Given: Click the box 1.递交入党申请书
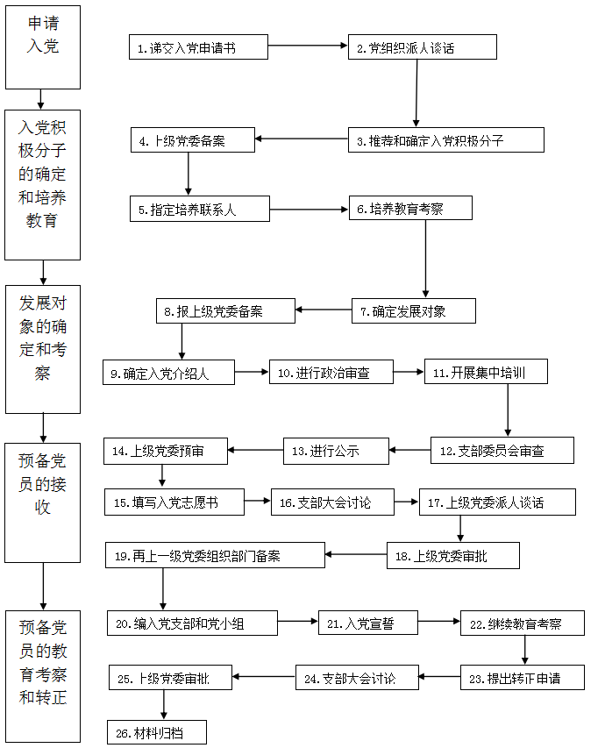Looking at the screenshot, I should tap(198, 47).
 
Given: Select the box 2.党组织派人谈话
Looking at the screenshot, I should tap(422, 47).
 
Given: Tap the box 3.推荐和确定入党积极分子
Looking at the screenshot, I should tap(445, 139).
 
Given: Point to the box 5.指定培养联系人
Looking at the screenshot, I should tap(199, 210).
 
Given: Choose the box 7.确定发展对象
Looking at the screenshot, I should tap(414, 310).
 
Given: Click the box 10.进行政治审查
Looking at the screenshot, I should tap(331, 373).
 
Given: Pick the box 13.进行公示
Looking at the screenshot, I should tap(335, 451).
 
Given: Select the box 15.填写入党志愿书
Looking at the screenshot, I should tap(174, 502).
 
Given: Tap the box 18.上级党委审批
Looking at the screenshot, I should tap(452, 556).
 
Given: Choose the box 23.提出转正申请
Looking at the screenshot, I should tap(522, 677).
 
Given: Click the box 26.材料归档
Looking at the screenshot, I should tap(158, 731).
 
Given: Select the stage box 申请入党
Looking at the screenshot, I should tap(43, 47).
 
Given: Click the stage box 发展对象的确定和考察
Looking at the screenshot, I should tap(43, 349).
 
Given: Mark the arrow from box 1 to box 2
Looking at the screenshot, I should tap(308, 46).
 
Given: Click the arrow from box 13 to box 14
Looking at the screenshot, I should tap(255, 451).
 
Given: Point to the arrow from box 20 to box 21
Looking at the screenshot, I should tap(298, 623).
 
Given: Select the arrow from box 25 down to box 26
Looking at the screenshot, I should tap(163, 704).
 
